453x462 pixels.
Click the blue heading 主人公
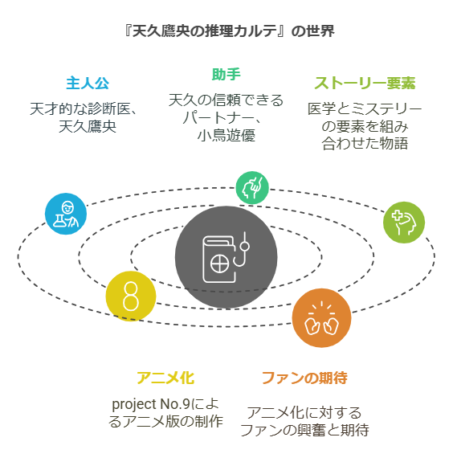coord(88,83)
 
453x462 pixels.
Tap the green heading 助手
coord(226,74)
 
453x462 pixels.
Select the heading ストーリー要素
coord(365,83)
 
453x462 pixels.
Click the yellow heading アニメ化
coord(165,378)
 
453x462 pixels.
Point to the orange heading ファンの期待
coord(304,378)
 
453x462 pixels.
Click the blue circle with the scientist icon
coord(66,214)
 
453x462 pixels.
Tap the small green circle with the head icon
coord(252,188)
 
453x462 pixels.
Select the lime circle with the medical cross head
coord(404,223)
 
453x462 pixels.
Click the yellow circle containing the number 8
coord(131,296)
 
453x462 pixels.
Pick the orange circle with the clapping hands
coord(321,318)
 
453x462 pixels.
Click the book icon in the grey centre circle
coord(219,260)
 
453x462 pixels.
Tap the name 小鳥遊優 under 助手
coord(226,136)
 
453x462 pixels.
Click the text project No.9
coord(151,404)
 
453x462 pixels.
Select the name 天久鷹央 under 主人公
coord(88,127)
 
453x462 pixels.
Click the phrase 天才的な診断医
coord(80,109)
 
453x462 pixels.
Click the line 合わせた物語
coord(365,144)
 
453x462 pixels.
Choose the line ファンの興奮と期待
coord(304,430)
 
